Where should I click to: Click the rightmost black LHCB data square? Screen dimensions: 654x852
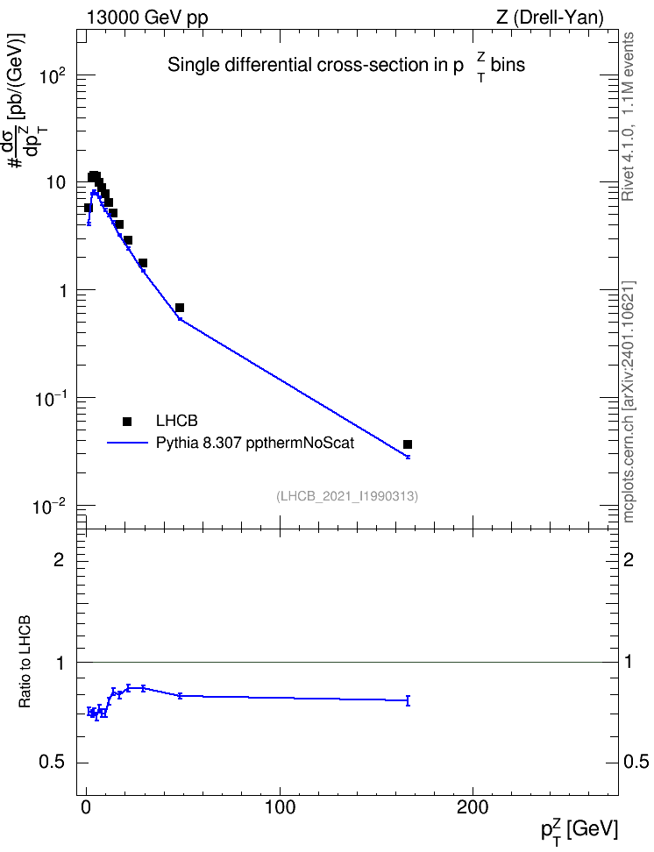tap(407, 444)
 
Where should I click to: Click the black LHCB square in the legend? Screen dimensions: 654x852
tap(127, 421)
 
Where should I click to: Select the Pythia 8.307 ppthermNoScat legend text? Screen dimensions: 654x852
tap(255, 444)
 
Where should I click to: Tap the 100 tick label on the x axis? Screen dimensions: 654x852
tap(280, 807)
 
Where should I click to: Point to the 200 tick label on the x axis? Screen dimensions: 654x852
tap(473, 807)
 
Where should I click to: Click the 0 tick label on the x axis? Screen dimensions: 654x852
tap(87, 807)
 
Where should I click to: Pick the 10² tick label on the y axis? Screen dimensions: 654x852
tap(53, 75)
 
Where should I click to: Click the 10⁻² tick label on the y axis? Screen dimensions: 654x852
tap(49, 506)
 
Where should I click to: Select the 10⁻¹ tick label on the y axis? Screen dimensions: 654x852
tap(49, 398)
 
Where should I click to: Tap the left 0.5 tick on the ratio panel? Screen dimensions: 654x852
tap(52, 763)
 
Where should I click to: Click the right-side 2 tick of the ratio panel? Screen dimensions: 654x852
tap(628, 559)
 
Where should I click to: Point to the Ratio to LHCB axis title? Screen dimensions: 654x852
tap(25, 662)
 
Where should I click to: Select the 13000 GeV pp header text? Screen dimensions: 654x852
tap(146, 18)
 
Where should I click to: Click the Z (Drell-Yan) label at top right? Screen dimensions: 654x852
tap(550, 18)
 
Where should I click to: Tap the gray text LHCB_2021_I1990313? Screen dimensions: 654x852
tap(347, 496)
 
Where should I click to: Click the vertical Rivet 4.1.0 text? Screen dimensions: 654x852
tap(628, 117)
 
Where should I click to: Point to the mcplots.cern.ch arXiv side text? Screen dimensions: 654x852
tap(628, 401)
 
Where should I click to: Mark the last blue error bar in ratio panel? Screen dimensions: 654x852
tap(408, 700)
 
